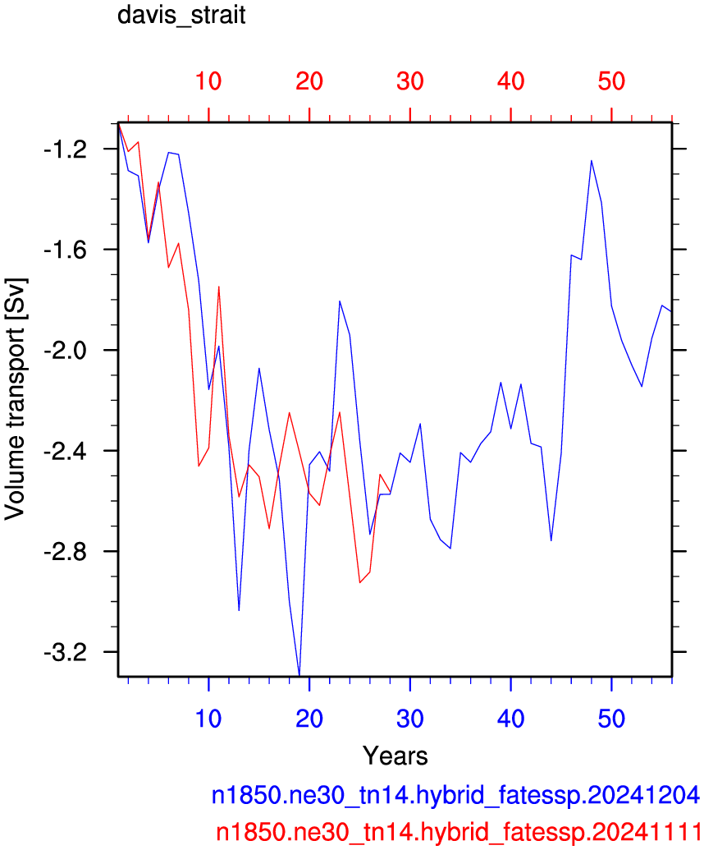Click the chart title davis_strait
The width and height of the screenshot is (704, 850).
pos(181,15)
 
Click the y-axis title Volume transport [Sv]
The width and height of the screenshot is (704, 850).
pos(15,399)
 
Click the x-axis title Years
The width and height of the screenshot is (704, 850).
pos(395,755)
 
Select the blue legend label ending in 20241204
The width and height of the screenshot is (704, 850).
pos(455,795)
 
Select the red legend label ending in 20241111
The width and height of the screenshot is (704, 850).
pos(458,831)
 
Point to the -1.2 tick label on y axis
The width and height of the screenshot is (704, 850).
pos(65,149)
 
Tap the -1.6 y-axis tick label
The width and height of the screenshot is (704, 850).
pos(65,250)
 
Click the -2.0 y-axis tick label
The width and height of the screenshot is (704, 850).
pos(65,350)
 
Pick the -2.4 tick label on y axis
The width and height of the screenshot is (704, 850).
pos(65,451)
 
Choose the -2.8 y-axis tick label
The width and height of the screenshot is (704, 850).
pos(65,551)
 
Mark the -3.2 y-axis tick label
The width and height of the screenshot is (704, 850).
pos(65,652)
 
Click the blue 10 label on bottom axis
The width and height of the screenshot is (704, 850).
pos(208,719)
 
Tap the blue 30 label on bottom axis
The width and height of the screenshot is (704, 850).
pos(410,719)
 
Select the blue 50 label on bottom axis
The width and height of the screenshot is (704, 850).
pos(611,719)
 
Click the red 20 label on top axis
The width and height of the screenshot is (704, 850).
pos(309,81)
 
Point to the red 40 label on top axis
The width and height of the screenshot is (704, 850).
pos(510,81)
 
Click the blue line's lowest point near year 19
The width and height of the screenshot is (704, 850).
pos(299,675)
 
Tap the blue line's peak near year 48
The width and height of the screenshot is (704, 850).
pos(592,160)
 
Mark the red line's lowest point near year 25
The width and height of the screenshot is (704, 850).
pos(359,583)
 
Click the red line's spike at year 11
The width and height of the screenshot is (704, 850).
pos(219,287)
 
